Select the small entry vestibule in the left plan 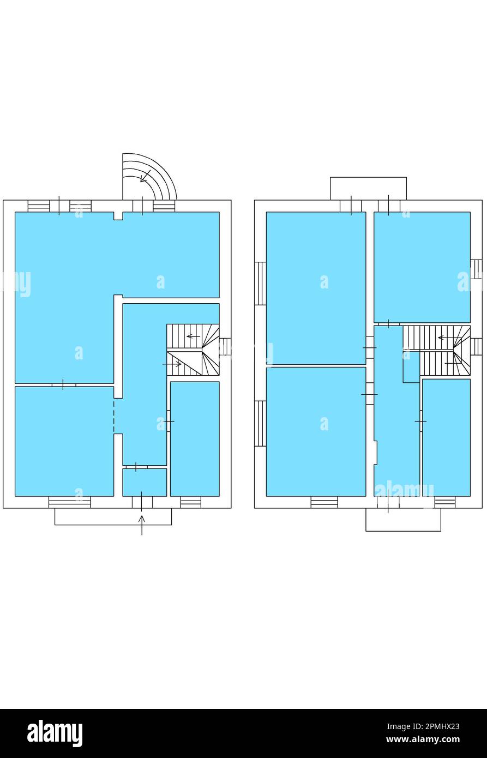tap(145, 482)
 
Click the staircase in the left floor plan tap(193, 350)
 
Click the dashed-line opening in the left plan tap(114, 417)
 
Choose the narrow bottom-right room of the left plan tap(195, 438)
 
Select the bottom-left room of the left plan tap(64, 441)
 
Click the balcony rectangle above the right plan tap(368, 188)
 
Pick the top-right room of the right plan tap(422, 267)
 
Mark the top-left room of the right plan tap(316, 287)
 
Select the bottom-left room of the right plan tap(316, 431)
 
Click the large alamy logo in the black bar tap(55, 733)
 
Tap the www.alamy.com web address tap(423, 740)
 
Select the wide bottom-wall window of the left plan tap(70, 502)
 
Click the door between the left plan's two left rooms tap(63, 385)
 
